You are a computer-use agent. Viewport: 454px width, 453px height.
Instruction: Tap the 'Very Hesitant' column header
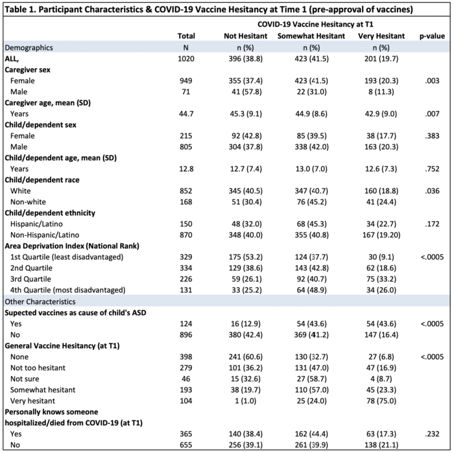pos(381,36)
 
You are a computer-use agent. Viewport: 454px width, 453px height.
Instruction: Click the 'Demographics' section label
pos(29,47)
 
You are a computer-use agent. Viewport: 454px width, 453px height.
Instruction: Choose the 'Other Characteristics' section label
pos(40,301)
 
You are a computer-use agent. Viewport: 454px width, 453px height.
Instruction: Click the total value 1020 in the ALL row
pos(186,58)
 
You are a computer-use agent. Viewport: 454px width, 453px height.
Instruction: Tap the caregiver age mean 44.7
pos(186,113)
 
